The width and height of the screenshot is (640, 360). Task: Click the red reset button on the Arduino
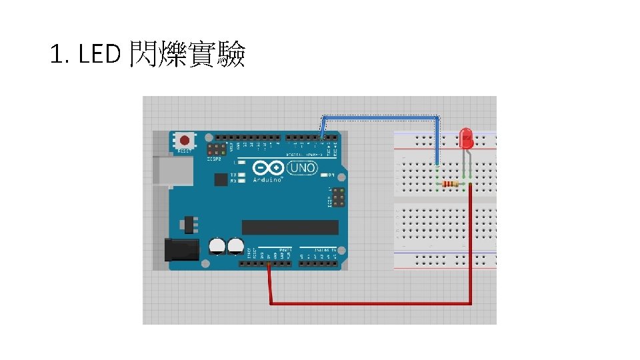185,141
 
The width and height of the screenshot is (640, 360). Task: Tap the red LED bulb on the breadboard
467,139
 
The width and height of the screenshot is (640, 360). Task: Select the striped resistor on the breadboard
451,185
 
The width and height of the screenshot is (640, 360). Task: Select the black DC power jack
181,249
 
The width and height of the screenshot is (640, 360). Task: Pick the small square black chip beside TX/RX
220,179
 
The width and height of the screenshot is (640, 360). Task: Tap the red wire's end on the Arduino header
268,265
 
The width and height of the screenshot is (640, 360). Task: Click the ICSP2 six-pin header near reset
216,150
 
